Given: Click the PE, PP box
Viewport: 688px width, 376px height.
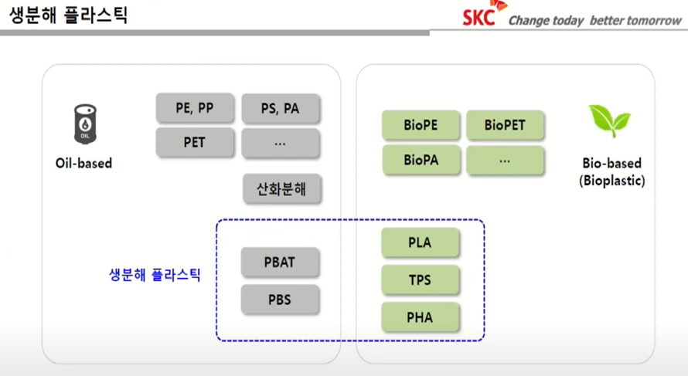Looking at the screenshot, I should click(x=195, y=108).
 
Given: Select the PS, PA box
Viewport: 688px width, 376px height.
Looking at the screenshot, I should click(x=280, y=109).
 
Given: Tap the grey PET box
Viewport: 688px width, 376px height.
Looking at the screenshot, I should click(x=195, y=143).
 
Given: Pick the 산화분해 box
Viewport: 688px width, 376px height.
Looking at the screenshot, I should click(x=280, y=188).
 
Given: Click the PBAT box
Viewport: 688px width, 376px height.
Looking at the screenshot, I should click(x=280, y=263).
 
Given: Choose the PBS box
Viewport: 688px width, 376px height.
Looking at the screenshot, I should click(x=280, y=299).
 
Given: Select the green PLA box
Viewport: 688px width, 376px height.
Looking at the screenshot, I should click(x=420, y=242).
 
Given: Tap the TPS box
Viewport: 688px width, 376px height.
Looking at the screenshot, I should click(x=420, y=279).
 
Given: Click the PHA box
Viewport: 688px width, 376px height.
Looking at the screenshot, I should click(x=420, y=317).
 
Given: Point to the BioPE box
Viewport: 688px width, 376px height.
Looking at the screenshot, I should click(x=421, y=124).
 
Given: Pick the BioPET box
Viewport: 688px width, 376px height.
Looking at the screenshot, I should click(x=505, y=124).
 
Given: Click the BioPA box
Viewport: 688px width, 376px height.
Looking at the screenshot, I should click(x=421, y=161).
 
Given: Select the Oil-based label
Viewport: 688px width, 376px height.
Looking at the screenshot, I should click(x=83, y=164).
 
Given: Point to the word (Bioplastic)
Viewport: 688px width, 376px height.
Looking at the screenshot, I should click(x=611, y=181).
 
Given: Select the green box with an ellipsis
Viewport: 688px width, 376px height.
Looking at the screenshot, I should click(x=505, y=161).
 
